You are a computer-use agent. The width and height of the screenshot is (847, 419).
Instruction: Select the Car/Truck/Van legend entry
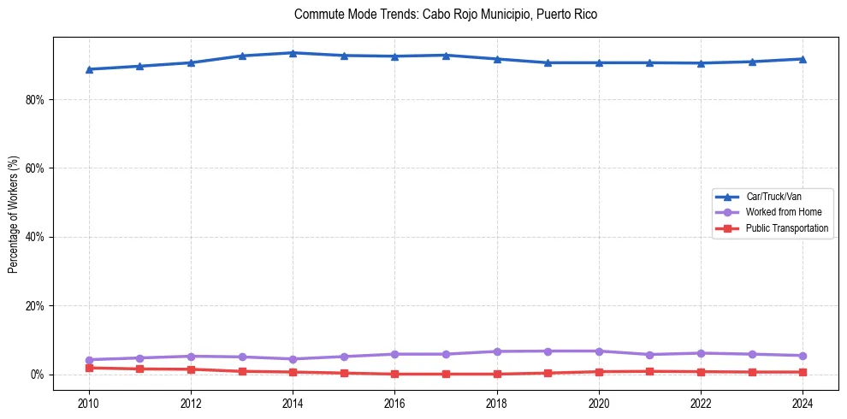773,197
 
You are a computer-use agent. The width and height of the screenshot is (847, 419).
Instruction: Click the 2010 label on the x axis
88,402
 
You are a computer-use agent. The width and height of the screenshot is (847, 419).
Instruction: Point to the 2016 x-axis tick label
394,402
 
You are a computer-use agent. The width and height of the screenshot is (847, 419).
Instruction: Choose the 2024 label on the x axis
803,402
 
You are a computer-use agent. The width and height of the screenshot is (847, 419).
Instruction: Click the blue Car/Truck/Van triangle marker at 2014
293,53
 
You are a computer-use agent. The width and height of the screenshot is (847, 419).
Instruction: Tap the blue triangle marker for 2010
88,69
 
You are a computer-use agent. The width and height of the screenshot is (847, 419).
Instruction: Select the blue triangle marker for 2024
803,59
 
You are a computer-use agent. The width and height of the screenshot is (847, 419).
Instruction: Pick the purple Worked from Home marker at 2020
599,351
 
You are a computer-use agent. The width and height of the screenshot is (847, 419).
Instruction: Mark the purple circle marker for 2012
191,357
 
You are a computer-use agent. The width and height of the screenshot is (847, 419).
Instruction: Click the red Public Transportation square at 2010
88,368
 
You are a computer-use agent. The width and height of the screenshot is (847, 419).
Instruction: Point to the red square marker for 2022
701,372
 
